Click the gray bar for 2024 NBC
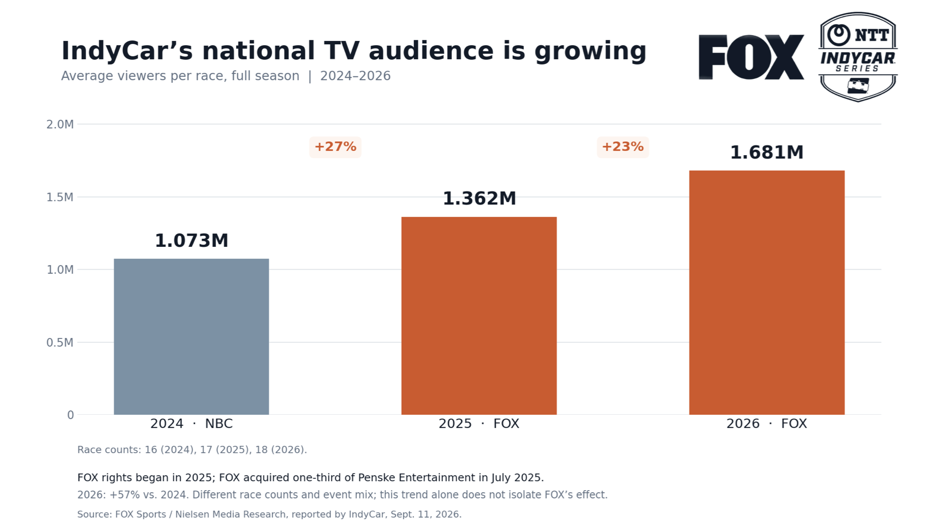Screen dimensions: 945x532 click(x=191, y=336)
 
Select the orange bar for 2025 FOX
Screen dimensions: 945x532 click(x=479, y=316)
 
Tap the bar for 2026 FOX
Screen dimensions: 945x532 click(x=767, y=293)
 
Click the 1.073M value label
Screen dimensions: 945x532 click(x=191, y=240)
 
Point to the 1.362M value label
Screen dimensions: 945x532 click(x=479, y=199)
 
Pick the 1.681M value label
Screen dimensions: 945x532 click(x=767, y=152)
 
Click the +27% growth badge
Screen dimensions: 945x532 click(x=335, y=147)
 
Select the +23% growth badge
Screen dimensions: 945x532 click(x=623, y=147)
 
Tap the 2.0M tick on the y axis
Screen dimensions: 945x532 click(x=60, y=125)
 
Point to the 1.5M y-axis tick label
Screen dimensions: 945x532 click(x=60, y=198)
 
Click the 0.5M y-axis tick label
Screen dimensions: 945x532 click(x=60, y=342)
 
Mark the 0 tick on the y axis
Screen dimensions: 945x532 click(x=70, y=415)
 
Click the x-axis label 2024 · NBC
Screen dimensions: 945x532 click(x=191, y=424)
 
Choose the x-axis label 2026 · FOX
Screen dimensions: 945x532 click(x=767, y=424)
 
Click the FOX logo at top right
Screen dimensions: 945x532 click(x=752, y=57)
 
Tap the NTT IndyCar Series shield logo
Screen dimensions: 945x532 click(x=858, y=57)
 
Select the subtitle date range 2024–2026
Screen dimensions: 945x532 click(x=355, y=76)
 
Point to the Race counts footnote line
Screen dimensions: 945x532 click(x=192, y=450)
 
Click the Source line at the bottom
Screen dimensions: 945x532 click(x=269, y=514)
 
